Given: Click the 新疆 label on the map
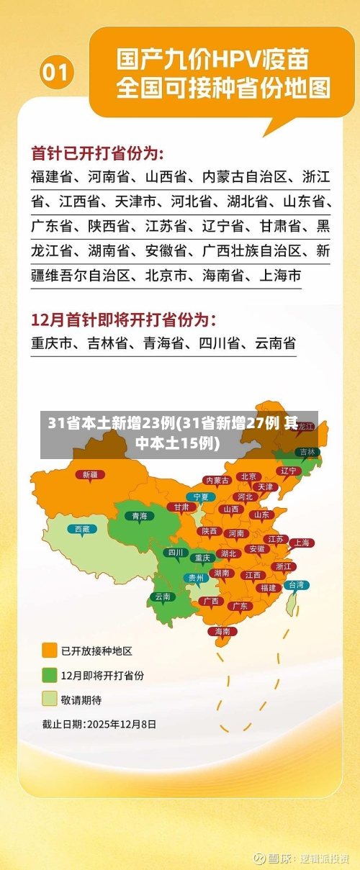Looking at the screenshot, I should coord(90,474).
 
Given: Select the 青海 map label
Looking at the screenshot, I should coord(139,515).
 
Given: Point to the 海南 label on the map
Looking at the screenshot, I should coord(222,631).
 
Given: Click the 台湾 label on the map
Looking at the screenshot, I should coord(296,585).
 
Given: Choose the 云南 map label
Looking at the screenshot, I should coord(163,596).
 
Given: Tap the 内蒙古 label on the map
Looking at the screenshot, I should coord(217,480).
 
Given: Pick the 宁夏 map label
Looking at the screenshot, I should coord(201,497).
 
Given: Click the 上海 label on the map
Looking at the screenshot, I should coord(301,543).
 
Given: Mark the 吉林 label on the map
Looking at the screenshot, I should coord(307,452).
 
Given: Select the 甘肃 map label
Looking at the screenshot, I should coord(181,507).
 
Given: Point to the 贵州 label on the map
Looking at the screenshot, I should coord(195,577).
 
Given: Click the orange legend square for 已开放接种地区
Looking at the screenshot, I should coord(50,651).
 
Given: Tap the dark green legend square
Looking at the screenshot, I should coord(50,675).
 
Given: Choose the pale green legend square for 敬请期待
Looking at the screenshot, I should coord(50,699).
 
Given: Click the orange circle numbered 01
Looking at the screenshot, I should coord(57,72).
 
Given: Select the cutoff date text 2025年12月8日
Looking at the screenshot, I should coord(121,724).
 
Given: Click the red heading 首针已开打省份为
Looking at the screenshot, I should coord(97,153).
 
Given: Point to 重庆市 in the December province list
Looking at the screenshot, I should coord(52,344).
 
